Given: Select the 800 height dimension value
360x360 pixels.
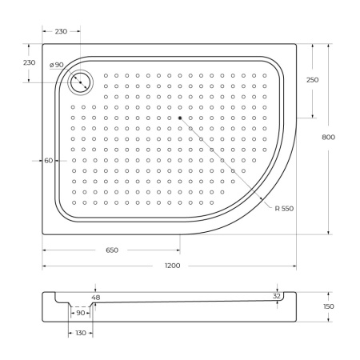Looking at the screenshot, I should tap(328, 137).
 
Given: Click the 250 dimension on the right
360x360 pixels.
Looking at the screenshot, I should tap(312, 79).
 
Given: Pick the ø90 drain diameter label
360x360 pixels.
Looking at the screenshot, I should tap(56, 65).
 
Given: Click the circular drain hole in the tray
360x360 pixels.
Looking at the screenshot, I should tap(81, 81).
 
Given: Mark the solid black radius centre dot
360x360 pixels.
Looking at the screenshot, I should tap(181, 118).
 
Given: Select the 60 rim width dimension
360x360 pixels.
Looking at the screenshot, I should tap(48, 161).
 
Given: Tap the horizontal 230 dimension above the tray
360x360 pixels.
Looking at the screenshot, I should tap(61, 31).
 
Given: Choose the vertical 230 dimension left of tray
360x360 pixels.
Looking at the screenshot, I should tap(29, 62).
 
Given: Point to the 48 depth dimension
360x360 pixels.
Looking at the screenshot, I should tap(96, 298).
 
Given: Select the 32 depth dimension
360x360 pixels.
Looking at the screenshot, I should tap(277, 295).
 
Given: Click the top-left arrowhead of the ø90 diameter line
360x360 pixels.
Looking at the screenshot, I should tap(74, 75).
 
